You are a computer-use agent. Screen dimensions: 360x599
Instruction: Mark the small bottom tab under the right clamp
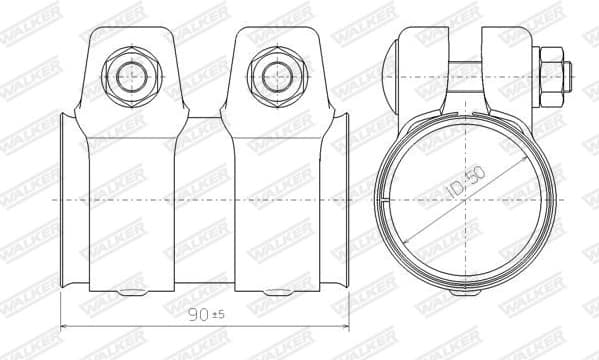pos(277,293)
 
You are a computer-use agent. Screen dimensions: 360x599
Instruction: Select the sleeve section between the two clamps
pos(205,200)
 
